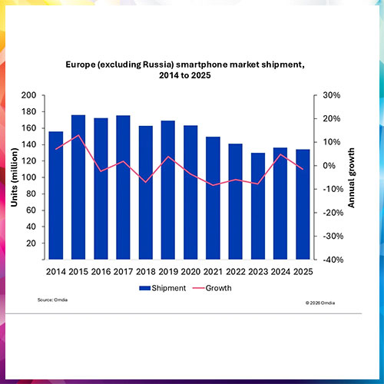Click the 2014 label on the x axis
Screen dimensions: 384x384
coord(56,271)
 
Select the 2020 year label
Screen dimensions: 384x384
coord(190,271)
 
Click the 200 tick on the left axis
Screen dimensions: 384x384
coord(29,95)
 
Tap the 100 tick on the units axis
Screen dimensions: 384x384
coord(29,177)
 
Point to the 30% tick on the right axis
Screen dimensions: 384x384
coord(329,95)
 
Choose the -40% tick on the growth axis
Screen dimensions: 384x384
coord(328,260)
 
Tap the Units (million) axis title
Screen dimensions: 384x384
coord(14,177)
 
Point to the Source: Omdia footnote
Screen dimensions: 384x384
coord(51,299)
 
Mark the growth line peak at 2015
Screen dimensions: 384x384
coord(78,135)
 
